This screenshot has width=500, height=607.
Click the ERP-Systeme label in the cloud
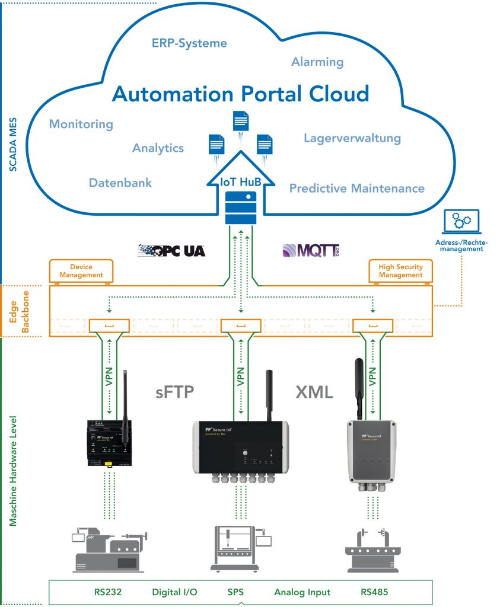click(189, 43)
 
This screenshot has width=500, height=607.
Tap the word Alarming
click(317, 62)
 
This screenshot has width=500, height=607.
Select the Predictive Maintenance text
click(356, 189)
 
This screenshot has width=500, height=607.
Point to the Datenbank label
click(120, 183)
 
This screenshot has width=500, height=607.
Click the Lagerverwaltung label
click(352, 138)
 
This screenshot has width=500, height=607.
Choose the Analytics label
click(158, 148)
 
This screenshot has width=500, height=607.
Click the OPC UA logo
click(171, 250)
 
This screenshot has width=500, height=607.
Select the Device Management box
click(81, 271)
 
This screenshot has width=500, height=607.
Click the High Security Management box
click(401, 271)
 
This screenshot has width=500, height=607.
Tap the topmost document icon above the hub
click(240, 122)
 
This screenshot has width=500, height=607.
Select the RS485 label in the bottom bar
click(375, 592)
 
